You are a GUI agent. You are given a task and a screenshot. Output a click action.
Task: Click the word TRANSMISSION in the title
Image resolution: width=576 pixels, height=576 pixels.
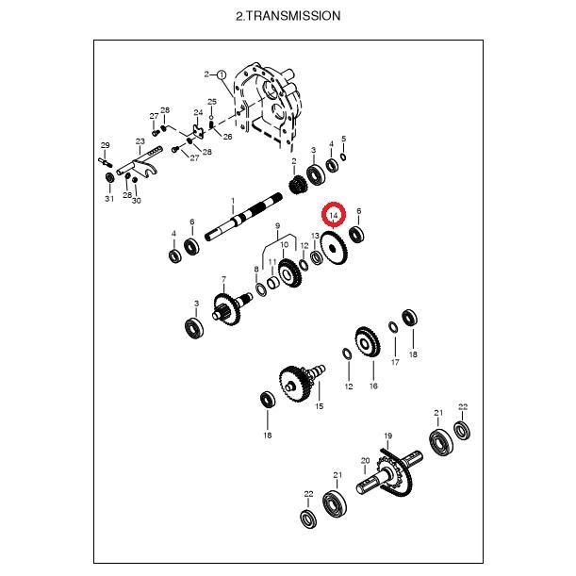[293, 16]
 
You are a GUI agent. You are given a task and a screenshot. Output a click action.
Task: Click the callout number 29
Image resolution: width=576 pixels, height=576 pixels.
[105, 145]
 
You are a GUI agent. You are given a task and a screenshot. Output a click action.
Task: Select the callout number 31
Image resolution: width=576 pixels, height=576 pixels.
[109, 199]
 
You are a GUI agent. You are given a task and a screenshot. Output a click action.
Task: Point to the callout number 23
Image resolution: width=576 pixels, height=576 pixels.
[140, 141]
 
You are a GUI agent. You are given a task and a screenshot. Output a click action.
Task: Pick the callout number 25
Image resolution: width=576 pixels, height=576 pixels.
[212, 102]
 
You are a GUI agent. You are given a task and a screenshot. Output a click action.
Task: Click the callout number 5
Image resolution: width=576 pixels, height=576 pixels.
[343, 139]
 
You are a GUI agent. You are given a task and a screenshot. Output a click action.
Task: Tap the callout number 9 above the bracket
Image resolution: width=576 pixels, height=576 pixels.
[277, 225]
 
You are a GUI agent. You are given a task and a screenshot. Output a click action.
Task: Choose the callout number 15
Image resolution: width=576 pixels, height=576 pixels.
[320, 406]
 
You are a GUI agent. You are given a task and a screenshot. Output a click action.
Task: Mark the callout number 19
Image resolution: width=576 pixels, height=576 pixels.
[388, 436]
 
